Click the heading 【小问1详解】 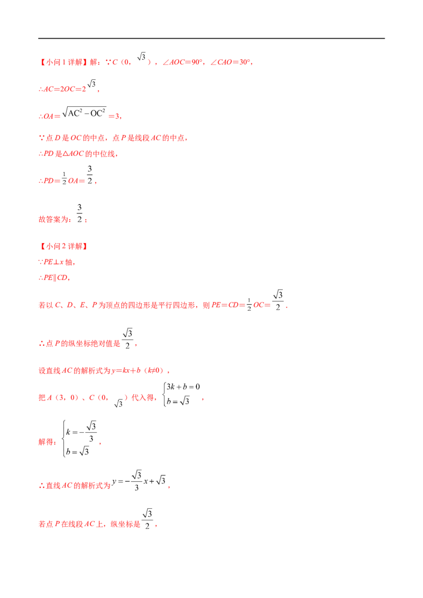(63, 62)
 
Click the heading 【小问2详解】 (63, 246)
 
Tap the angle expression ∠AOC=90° (183, 62)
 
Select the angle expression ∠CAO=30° (231, 62)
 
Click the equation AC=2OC (62, 89)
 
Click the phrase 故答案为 (53, 219)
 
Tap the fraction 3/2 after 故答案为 (79, 213)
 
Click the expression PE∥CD (56, 278)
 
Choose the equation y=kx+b (126, 370)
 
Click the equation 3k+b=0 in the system (183, 387)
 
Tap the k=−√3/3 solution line (81, 432)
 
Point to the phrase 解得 (46, 442)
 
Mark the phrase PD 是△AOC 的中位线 (79, 154)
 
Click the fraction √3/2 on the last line (148, 519)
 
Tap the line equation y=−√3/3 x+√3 (139, 481)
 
